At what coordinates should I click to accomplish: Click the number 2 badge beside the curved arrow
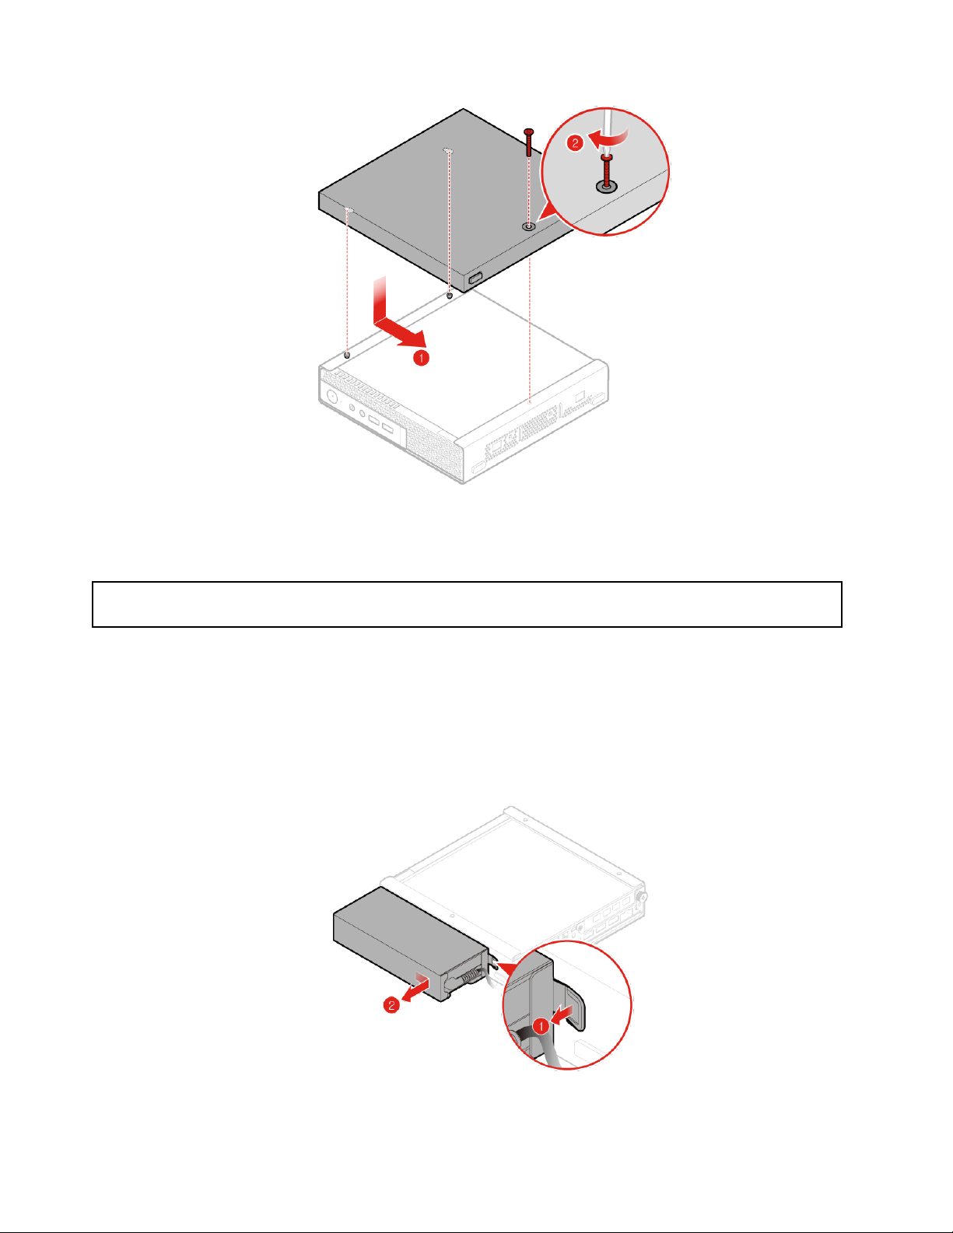(575, 143)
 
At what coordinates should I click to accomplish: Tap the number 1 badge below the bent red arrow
(421, 358)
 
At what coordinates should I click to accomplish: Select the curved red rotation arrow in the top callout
(609, 138)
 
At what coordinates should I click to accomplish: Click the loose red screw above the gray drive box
(529, 142)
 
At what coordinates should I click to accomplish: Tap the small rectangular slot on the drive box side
(475, 278)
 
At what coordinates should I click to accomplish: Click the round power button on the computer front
(332, 398)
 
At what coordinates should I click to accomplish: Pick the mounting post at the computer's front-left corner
(347, 356)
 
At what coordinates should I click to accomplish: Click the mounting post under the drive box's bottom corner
(450, 296)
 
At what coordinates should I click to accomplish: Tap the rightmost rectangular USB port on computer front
(388, 428)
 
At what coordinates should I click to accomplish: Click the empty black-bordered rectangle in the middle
(467, 604)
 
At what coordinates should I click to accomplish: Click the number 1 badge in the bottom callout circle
(541, 1026)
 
